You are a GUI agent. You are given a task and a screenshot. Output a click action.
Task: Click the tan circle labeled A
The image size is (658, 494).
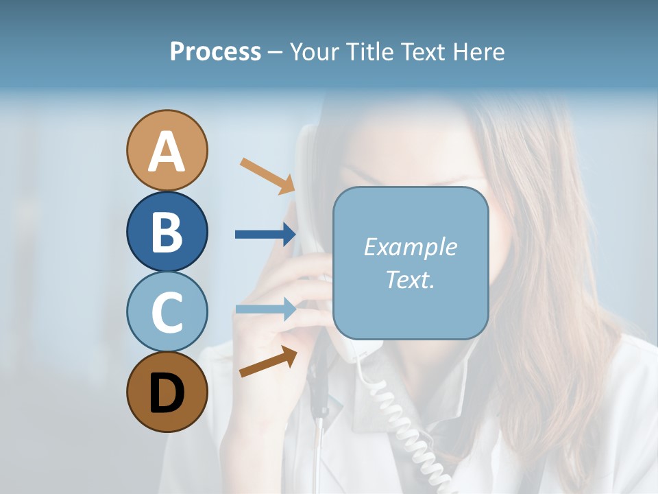[x=167, y=150]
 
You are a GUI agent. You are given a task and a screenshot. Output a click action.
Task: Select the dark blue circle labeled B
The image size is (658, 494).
[x=167, y=231]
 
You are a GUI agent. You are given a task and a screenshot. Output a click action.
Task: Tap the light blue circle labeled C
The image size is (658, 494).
[x=167, y=311]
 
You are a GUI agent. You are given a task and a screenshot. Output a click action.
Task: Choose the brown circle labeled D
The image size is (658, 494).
[x=167, y=392]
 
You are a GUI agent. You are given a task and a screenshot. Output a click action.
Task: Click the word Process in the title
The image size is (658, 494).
[x=215, y=52]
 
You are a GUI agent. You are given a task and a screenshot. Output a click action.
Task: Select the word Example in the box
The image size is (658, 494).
[x=410, y=247]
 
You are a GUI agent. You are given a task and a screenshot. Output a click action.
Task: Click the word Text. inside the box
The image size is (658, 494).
[x=410, y=279]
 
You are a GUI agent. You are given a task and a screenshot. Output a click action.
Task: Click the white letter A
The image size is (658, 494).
[x=167, y=152]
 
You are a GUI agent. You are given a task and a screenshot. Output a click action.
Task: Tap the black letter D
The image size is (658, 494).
[x=167, y=393]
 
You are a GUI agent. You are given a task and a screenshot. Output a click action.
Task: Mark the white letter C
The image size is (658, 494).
[x=167, y=312]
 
